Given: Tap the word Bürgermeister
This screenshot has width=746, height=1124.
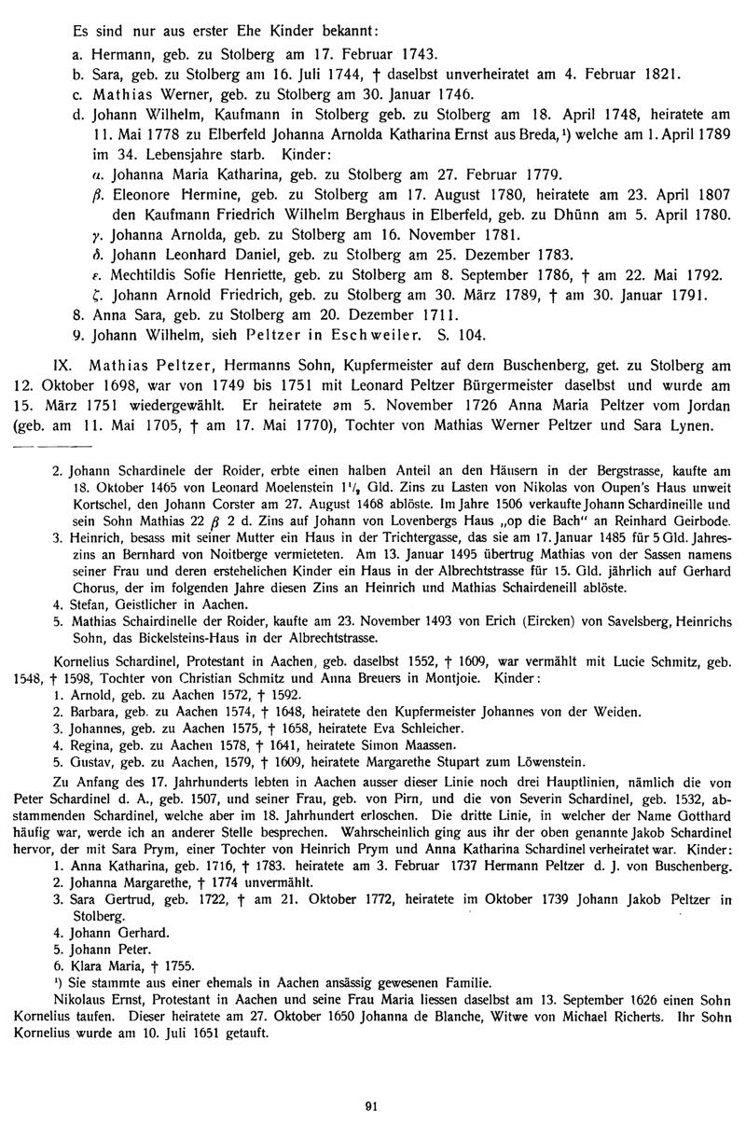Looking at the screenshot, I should click(x=396, y=384).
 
